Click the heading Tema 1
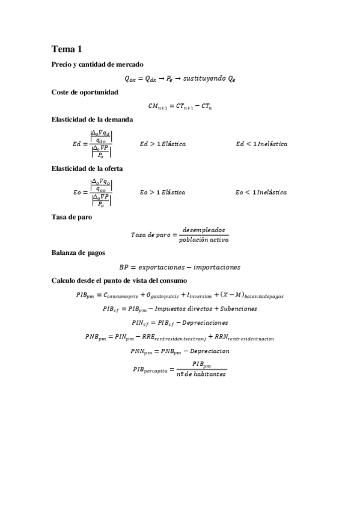(67, 49)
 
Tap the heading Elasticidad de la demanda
(93, 119)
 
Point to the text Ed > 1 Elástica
(162, 144)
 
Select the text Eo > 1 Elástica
(162, 192)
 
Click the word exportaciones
(162, 266)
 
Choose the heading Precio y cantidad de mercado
(97, 64)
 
